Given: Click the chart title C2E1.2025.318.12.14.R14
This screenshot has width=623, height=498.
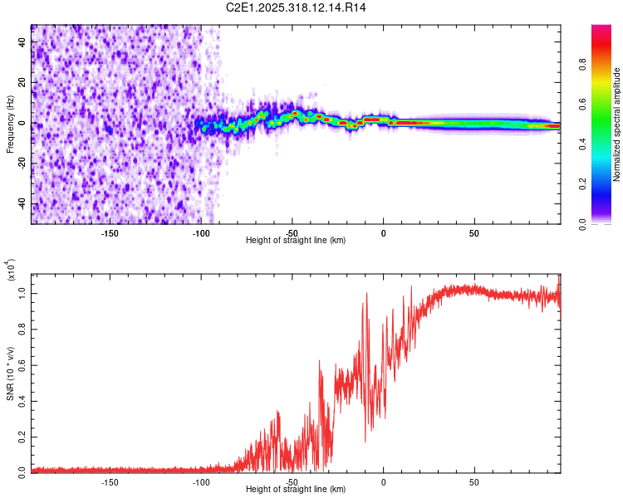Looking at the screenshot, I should [297, 7].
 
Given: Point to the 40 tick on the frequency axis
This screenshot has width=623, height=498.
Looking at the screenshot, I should [23, 41].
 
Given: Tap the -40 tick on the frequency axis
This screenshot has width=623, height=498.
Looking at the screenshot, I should [23, 204].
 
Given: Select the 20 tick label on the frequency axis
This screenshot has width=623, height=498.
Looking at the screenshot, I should [23, 82].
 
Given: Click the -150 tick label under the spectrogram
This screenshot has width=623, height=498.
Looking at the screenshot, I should [110, 232].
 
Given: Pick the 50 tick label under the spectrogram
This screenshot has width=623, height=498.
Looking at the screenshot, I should [474, 232].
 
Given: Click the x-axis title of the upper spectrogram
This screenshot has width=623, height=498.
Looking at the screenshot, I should [296, 241].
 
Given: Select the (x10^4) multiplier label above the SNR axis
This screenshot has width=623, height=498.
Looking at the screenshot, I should [12, 269].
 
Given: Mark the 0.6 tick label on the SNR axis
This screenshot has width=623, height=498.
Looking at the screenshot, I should [23, 364].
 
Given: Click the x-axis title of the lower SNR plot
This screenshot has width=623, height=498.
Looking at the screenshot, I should [296, 490].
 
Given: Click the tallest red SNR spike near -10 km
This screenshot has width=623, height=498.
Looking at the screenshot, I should [365, 294].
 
